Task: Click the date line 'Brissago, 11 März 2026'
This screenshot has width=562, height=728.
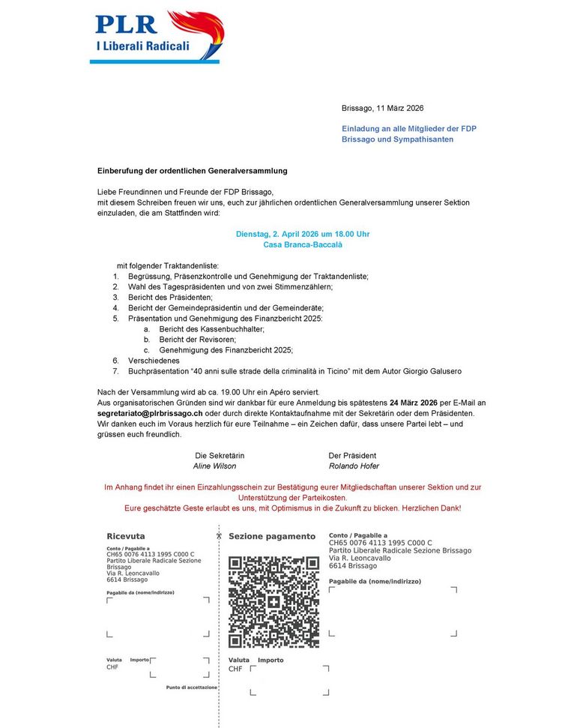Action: (382, 109)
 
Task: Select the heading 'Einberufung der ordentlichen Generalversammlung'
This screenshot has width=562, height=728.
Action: (192, 171)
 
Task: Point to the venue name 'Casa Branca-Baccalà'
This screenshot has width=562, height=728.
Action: (303, 244)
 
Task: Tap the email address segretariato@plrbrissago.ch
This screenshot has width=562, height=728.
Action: (150, 413)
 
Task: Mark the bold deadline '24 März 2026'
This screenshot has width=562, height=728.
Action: (414, 403)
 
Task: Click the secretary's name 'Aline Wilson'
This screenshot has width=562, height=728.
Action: (214, 466)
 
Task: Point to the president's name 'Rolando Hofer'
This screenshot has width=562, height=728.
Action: (352, 466)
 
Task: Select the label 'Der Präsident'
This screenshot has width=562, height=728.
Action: (352, 455)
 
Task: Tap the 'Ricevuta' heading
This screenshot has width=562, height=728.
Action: (126, 536)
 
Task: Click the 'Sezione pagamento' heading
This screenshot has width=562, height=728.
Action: (272, 536)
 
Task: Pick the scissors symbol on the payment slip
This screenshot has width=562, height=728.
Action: (219, 535)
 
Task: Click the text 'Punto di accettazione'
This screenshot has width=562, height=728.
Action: (192, 687)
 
